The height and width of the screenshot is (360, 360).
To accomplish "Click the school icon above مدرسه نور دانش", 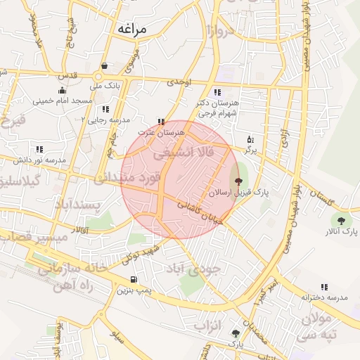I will click(x=39, y=149).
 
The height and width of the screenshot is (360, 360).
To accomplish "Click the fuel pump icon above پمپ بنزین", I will click(x=134, y=279).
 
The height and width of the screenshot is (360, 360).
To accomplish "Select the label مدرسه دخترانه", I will click(x=325, y=297).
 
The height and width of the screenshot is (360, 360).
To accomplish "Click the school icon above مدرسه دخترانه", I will click(x=324, y=286).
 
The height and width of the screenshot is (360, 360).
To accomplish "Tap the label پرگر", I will click(x=251, y=150).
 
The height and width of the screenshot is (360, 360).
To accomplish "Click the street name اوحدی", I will click(x=179, y=82).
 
